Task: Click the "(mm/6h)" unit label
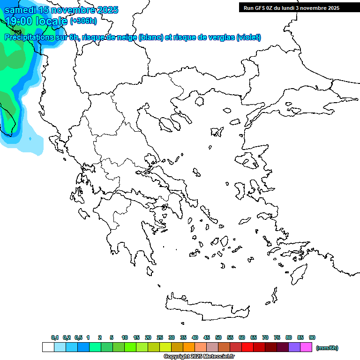pyautogui.click(x=327, y=348)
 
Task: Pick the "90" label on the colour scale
pyautogui.click(x=312, y=337)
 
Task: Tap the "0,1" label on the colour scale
pyautogui.click(x=55, y=337)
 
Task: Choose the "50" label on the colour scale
pyautogui.click(x=218, y=337)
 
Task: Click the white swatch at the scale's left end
pyautogui.click(x=48, y=347)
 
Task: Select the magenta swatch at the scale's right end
pyautogui.click(x=306, y=347)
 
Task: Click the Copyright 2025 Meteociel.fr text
pyautogui.click(x=199, y=357)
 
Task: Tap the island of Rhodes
pyautogui.click(x=298, y=273)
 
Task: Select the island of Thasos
pyautogui.click(x=199, y=101)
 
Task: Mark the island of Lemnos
pyautogui.click(x=216, y=131)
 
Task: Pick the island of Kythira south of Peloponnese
pyautogui.click(x=150, y=271)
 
